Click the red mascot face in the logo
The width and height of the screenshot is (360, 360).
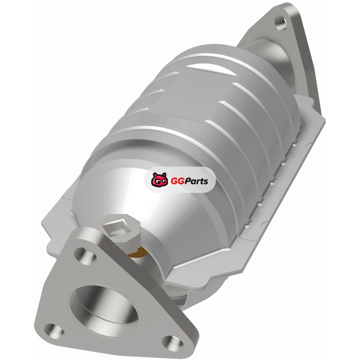(x=159, y=179)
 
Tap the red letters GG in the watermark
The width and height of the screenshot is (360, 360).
(x=176, y=181)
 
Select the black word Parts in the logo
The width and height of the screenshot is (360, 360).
(x=195, y=181)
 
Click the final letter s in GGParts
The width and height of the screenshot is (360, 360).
(x=206, y=182)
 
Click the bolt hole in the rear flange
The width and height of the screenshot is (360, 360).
(x=280, y=22)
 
